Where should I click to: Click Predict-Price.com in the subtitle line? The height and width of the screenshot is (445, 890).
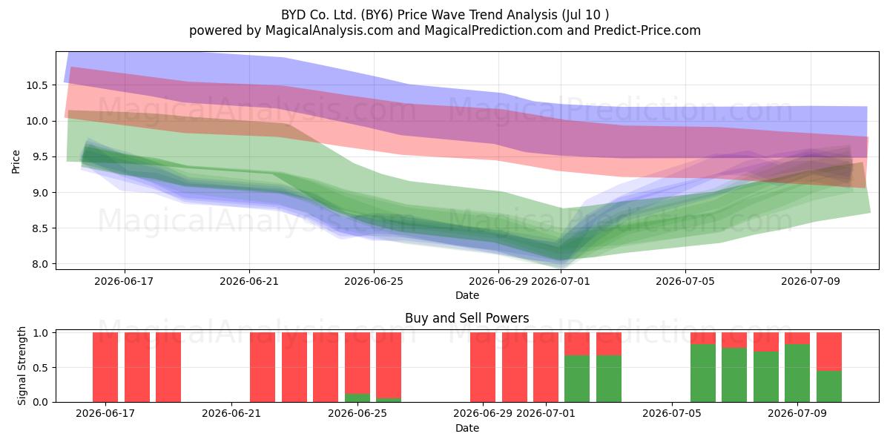click(x=647, y=30)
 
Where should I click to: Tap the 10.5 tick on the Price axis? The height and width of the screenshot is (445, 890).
click(x=37, y=85)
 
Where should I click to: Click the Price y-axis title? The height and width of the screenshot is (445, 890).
click(x=16, y=162)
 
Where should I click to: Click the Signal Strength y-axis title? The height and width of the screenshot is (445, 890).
click(x=22, y=366)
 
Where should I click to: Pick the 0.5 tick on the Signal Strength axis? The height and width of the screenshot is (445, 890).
click(x=40, y=368)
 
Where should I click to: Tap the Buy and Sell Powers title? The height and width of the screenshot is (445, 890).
click(x=467, y=318)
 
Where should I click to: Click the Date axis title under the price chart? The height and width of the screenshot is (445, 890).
click(x=467, y=295)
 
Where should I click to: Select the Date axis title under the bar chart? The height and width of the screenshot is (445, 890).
click(x=467, y=428)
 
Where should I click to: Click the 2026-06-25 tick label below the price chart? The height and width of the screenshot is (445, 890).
click(x=374, y=281)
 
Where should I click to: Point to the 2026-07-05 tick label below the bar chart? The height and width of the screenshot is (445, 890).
click(x=672, y=413)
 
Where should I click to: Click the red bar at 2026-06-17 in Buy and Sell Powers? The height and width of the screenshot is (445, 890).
click(x=105, y=367)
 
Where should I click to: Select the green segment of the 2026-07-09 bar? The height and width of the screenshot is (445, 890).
click(x=797, y=373)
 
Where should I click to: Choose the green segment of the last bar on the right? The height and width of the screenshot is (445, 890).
click(x=829, y=386)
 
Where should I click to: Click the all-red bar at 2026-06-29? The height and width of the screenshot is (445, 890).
click(x=483, y=367)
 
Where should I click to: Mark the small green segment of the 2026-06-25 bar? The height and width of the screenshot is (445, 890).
click(x=357, y=398)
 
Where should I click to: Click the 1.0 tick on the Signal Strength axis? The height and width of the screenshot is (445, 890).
click(x=40, y=333)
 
